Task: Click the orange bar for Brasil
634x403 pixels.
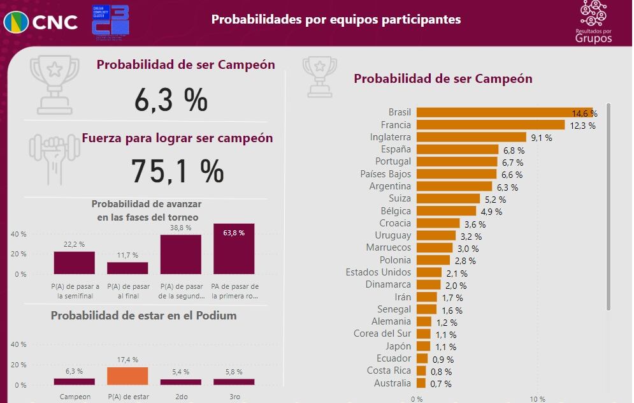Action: click(505, 112)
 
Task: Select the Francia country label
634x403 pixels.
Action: click(396, 125)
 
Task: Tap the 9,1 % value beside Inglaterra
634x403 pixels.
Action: click(542, 138)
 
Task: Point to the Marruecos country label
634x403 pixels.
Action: click(388, 247)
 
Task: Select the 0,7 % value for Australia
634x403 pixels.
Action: click(441, 384)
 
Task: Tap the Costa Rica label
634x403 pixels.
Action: click(389, 370)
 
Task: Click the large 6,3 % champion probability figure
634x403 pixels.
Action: click(171, 99)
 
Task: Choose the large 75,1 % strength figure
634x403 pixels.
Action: click(177, 171)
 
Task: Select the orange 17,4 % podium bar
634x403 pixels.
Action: click(127, 376)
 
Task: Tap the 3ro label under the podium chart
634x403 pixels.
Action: click(234, 397)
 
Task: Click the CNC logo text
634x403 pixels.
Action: click(55, 22)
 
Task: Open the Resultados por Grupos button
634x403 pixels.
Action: click(593, 22)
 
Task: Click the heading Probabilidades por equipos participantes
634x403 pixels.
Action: click(336, 20)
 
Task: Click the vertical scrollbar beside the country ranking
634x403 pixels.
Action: click(609, 207)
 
